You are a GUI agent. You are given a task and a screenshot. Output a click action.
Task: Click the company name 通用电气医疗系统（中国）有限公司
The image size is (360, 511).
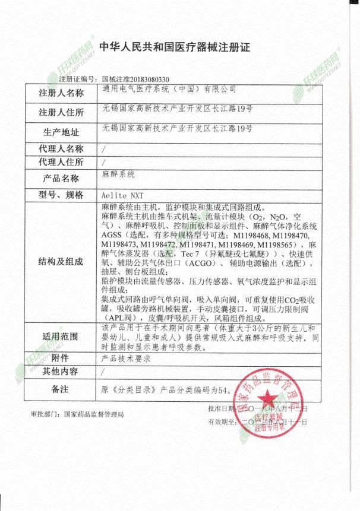(169, 90)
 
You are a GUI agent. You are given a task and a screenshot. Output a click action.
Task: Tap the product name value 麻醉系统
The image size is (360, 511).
(119, 175)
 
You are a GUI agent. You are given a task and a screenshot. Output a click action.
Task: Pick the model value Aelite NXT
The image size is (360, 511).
(124, 195)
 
